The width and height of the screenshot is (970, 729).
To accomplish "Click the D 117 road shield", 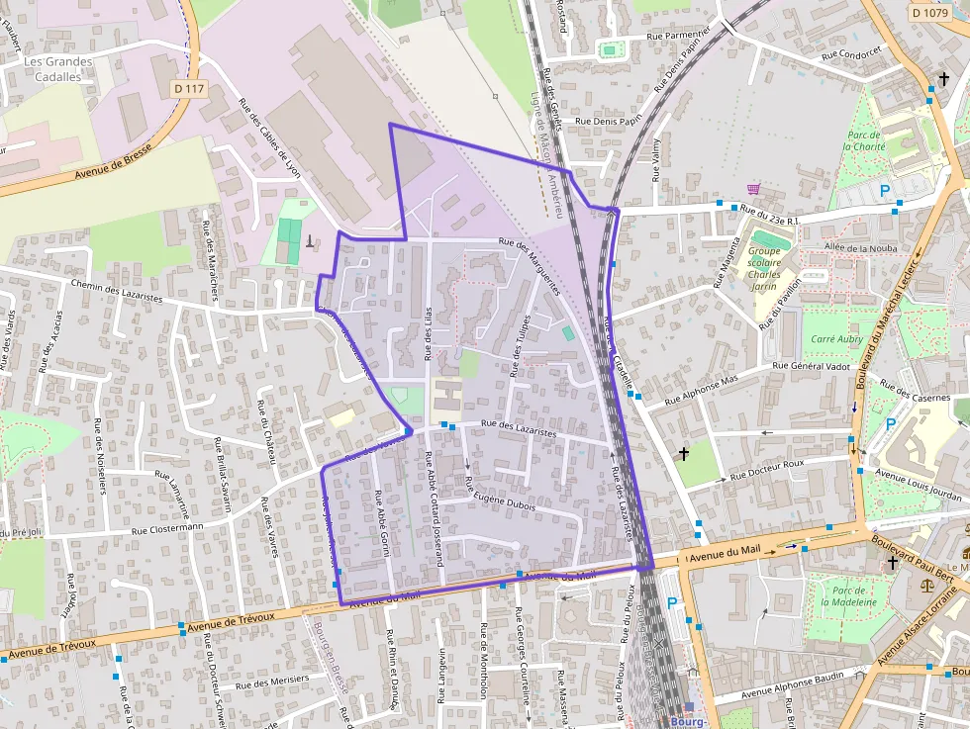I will tap(188, 89).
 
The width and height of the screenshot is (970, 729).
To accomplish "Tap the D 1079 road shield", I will tap(928, 13).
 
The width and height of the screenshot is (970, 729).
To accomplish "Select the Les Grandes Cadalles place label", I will tap(58, 69).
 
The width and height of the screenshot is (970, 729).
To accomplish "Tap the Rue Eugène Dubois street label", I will tap(500, 494).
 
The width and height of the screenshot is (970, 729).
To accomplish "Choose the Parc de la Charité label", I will tap(865, 140).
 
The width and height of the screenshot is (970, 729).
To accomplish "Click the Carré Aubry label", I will tap(836, 338).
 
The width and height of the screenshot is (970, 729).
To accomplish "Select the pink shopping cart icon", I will tap(754, 188).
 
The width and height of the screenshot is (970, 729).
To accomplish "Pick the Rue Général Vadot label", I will tap(812, 365).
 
